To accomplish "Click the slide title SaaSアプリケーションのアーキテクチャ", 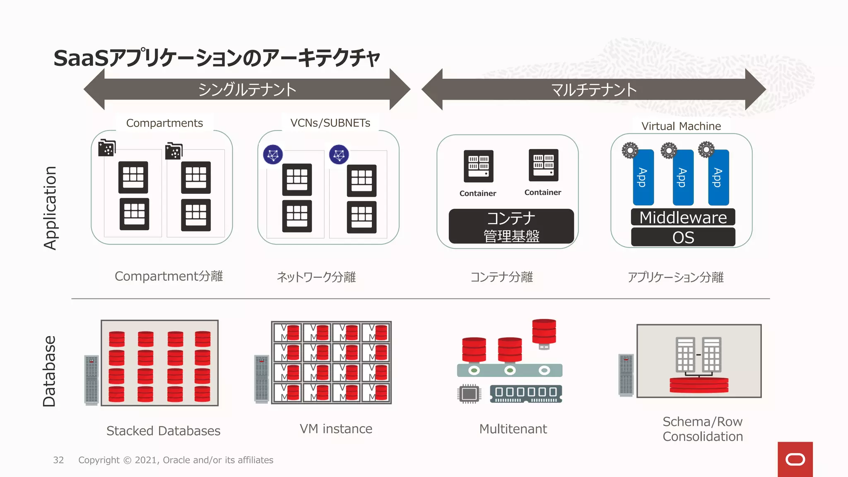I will pyautogui.click(x=216, y=58).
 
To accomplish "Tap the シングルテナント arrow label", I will pyautogui.click(x=247, y=89).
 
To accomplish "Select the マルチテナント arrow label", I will pyautogui.click(x=594, y=89).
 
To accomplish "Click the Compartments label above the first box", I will pyautogui.click(x=164, y=123).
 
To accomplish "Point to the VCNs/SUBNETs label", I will pyautogui.click(x=330, y=123).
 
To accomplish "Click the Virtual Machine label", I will pyautogui.click(x=681, y=126).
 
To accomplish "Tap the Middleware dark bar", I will pyautogui.click(x=683, y=217).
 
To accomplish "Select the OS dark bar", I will pyautogui.click(x=683, y=237).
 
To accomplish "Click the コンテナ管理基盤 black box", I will pyautogui.click(x=511, y=226).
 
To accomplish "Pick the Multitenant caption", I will pyautogui.click(x=513, y=429).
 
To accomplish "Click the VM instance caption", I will pyautogui.click(x=336, y=429).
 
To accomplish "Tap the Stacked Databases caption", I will pyautogui.click(x=163, y=431).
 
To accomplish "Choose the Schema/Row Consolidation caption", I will pyautogui.click(x=703, y=429).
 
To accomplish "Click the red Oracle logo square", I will pyautogui.click(x=795, y=459).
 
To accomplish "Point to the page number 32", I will pyautogui.click(x=58, y=460).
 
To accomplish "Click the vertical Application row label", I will pyautogui.click(x=50, y=208).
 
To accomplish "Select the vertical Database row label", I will pyautogui.click(x=49, y=371).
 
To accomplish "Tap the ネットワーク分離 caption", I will pyautogui.click(x=316, y=277).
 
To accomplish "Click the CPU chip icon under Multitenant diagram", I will pyautogui.click(x=469, y=394).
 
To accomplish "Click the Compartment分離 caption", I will pyautogui.click(x=169, y=276).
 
